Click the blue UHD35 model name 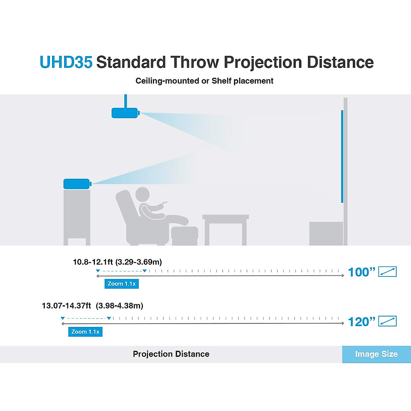tap(66, 62)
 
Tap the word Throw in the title tap(195, 62)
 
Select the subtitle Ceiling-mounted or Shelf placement tap(204, 81)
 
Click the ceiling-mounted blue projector tap(125, 113)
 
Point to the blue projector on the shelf tap(77, 184)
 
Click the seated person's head tap(142, 194)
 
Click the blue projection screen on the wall tap(342, 156)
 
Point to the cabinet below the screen tap(326, 233)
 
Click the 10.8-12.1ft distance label tap(117, 262)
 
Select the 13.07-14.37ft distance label tap(92, 306)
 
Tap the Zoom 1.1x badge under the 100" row tap(122, 284)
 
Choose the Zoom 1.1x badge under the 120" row tap(85, 332)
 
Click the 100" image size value tap(361, 272)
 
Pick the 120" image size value tap(361, 322)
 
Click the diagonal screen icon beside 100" tap(387, 272)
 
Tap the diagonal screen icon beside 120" tap(387, 321)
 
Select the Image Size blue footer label tap(376, 354)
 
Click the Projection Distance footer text tap(171, 354)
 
